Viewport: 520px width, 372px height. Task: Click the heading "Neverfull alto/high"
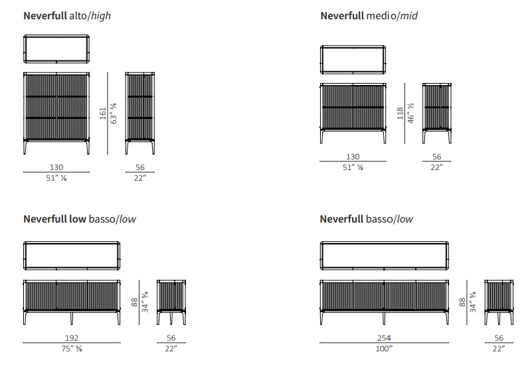click(67, 16)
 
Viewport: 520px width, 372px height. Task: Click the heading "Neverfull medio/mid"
click(369, 16)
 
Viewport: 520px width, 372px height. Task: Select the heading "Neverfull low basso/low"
click(80, 219)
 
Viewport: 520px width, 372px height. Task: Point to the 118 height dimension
click(400, 114)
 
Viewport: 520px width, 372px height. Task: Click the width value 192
click(72, 338)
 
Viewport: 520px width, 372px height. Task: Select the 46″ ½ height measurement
click(411, 114)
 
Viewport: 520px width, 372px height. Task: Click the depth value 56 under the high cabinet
click(140, 168)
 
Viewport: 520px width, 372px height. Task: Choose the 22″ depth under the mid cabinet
click(436, 167)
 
